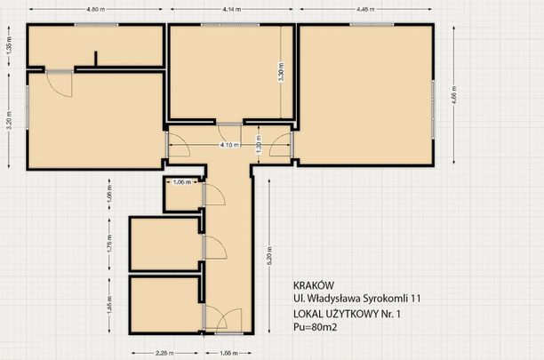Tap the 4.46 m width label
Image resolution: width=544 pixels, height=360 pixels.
[x=364, y=9]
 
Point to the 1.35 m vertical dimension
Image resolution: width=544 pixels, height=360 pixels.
[x=8, y=46]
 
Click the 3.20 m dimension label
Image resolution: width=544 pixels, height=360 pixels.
[x=8, y=120]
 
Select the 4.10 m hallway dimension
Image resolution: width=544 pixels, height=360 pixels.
[x=228, y=144]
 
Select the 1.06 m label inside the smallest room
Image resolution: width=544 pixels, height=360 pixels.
[x=180, y=182]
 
